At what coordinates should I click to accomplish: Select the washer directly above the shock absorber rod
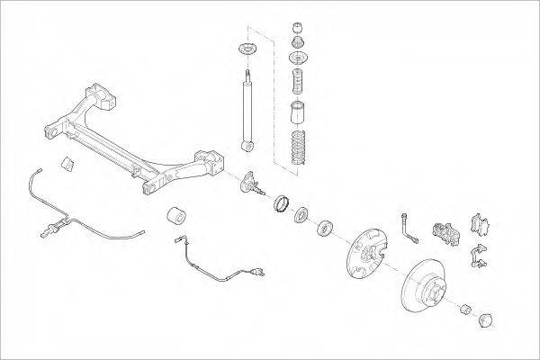[244, 48]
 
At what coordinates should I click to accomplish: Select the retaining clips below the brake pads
[479, 258]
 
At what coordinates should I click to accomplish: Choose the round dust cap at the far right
[487, 319]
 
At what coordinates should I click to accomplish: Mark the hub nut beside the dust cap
[465, 310]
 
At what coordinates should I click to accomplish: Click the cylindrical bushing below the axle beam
[177, 218]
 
